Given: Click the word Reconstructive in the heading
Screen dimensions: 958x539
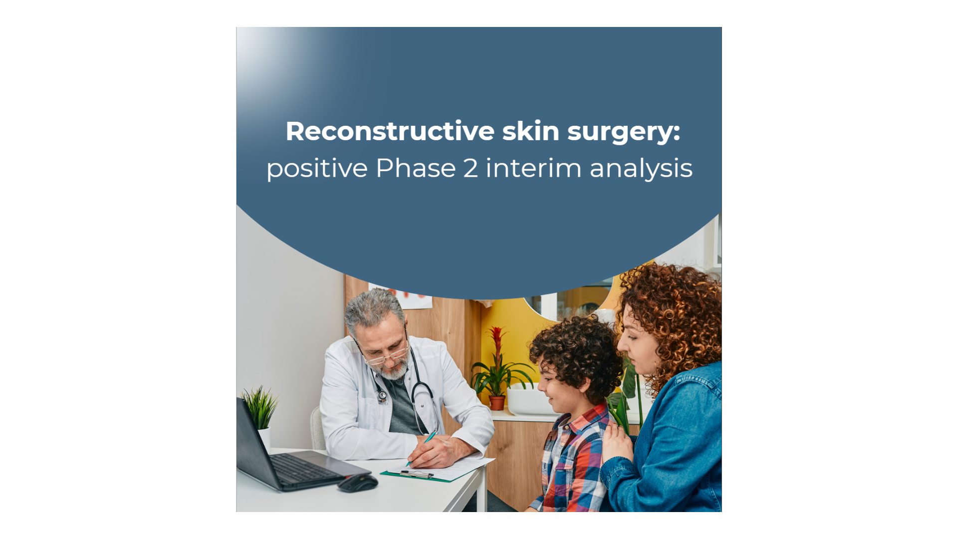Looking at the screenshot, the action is [390, 131].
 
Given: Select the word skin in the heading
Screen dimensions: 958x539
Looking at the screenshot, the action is [531, 131].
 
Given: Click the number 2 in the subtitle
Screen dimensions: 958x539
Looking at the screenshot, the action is [471, 168].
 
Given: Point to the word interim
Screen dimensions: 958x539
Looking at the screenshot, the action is [533, 168].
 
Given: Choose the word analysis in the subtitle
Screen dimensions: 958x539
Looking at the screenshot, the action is [641, 168].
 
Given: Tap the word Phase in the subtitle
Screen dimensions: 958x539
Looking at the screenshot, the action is [416, 168].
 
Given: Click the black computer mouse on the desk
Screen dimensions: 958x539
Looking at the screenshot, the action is [357, 483].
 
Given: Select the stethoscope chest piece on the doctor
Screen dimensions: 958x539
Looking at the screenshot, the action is [382, 397].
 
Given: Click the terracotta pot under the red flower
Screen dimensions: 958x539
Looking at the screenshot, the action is [497, 403].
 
